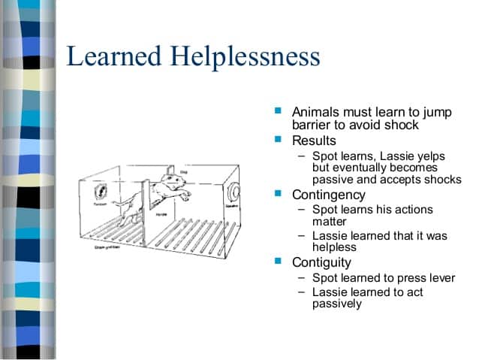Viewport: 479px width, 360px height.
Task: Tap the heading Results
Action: tap(314, 141)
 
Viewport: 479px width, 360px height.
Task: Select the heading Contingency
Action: tap(327, 195)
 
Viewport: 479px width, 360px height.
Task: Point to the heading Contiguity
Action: tap(321, 262)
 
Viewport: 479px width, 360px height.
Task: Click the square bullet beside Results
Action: tap(278, 140)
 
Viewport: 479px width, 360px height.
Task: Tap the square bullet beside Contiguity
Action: tap(278, 262)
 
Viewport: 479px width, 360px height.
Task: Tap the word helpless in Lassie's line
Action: tap(335, 247)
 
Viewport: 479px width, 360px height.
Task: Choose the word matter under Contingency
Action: tap(330, 222)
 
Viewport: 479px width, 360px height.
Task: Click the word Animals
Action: tap(315, 111)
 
